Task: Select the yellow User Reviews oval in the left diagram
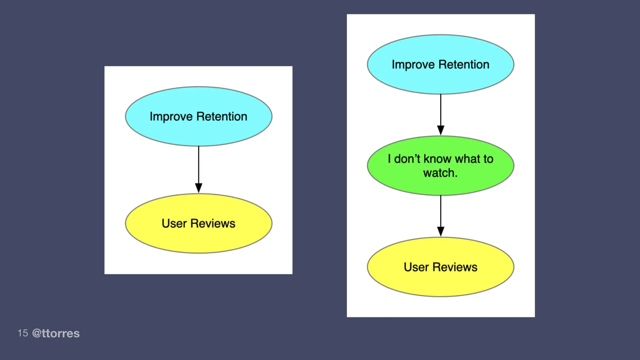tap(198, 238)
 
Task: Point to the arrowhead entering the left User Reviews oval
tap(198, 188)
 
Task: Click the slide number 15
tap(23, 333)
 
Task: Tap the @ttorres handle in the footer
tap(56, 333)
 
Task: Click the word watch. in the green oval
tap(440, 173)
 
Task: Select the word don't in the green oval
tap(407, 159)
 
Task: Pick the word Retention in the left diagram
tap(222, 116)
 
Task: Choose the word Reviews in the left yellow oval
tap(213, 223)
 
